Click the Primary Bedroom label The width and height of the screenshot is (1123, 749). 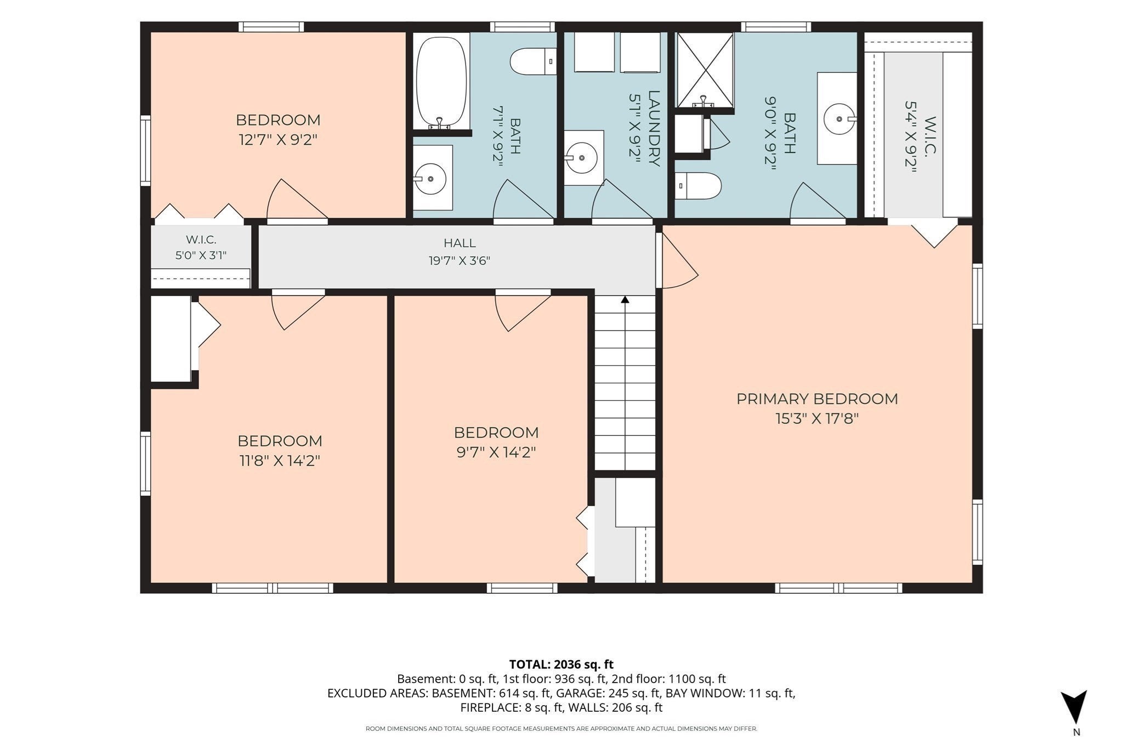coord(817,399)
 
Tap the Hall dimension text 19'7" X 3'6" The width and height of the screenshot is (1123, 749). coord(460,260)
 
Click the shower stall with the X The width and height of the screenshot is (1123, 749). coord(705,70)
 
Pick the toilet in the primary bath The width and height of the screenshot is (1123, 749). coord(697,186)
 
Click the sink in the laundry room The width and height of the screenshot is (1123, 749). coord(583,158)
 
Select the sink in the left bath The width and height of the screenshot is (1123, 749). coord(431,178)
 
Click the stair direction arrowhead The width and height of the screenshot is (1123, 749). coord(625,299)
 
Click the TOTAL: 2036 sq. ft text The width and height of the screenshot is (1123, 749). coord(561,665)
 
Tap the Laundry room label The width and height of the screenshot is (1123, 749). coord(654,128)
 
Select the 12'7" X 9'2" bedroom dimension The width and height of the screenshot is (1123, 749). coord(279,140)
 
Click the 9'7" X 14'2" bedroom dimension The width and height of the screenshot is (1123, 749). coord(496,452)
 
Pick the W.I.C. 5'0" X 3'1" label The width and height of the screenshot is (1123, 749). coord(201,247)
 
